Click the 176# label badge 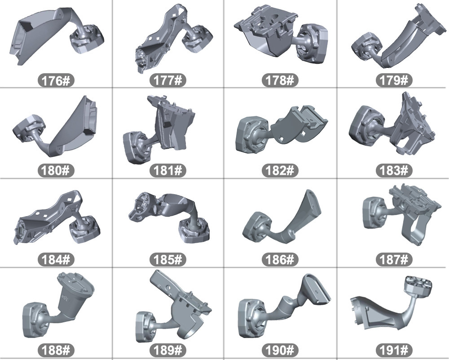[56, 80]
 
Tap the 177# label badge [168, 80]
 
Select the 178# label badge [280, 80]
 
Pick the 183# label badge [394, 170]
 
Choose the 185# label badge [168, 260]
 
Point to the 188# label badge [56, 350]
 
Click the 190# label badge [280, 350]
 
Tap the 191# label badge [394, 350]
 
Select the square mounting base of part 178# [313, 43]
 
